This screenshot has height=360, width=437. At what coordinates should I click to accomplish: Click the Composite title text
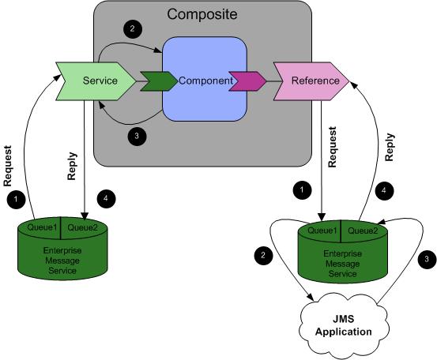[202, 14]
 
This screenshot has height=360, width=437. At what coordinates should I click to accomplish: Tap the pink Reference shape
[311, 81]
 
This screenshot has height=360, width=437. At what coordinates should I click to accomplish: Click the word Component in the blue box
[205, 81]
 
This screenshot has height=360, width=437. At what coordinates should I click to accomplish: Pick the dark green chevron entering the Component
[159, 81]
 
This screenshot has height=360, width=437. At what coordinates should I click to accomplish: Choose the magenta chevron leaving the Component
[247, 81]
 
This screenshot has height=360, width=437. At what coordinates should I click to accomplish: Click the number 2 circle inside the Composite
[133, 28]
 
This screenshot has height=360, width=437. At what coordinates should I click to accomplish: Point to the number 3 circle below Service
[137, 136]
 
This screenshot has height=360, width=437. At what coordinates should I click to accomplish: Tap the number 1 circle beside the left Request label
[16, 199]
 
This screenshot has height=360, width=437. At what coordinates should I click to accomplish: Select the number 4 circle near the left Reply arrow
[106, 199]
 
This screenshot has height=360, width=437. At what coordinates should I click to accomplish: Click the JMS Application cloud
[344, 325]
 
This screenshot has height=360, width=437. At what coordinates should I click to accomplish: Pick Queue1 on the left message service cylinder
[42, 227]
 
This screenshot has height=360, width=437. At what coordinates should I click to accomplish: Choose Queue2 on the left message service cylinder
[83, 227]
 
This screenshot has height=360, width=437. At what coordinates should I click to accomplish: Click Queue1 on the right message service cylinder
[322, 231]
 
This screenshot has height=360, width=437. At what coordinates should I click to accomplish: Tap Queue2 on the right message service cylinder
[363, 231]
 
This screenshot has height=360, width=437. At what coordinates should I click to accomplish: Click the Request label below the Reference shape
[332, 147]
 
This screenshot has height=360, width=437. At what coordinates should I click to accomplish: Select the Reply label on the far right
[390, 148]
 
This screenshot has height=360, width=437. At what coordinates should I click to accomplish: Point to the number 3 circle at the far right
[427, 259]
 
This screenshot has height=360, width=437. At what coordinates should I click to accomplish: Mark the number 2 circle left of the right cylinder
[263, 255]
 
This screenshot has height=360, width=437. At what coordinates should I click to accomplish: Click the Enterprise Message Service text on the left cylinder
[62, 261]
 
